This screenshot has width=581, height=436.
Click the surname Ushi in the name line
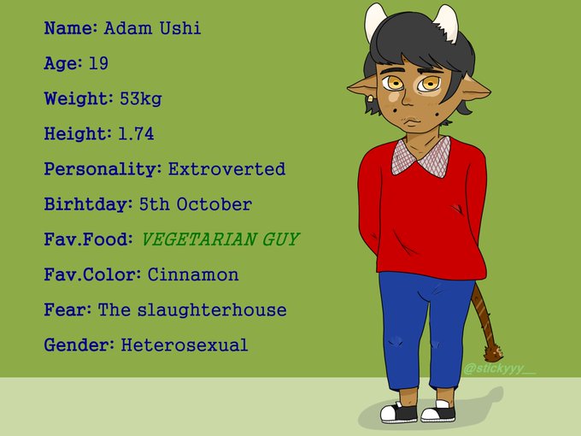coord(180,28)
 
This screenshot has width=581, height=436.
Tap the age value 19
coord(98,63)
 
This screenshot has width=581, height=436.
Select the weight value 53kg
coord(141,99)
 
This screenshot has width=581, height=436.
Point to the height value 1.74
coord(136,134)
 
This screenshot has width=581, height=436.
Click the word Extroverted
coord(226,169)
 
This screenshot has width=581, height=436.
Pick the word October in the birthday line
coord(214,204)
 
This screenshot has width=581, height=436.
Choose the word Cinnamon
coord(193,274)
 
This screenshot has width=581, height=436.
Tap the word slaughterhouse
coord(212,310)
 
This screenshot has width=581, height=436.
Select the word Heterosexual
coord(185,345)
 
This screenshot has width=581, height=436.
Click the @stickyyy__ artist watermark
coord(499,369)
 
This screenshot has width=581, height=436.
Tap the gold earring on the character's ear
coord(370,99)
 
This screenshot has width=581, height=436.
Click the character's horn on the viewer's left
coord(374,21)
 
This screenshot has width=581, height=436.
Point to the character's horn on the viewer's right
coord(447,23)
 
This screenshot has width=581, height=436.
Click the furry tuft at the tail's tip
coord(493,353)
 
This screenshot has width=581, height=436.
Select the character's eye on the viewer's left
coord(392,83)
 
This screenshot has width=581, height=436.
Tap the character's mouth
coord(412,121)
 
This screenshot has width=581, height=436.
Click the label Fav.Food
coord(88,239)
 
